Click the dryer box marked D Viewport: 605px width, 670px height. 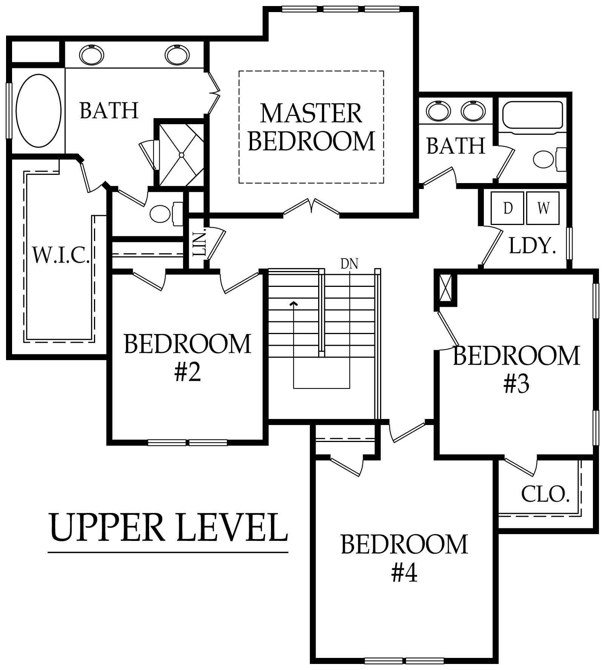507,208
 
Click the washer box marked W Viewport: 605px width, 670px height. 543,208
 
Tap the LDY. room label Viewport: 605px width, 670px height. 532,246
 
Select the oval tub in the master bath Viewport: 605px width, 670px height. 38,111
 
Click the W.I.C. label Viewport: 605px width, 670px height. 61,255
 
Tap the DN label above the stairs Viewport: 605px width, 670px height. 349,264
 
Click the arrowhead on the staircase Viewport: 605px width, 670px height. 294,303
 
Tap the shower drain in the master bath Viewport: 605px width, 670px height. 182,155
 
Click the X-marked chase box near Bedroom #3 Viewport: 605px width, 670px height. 446,288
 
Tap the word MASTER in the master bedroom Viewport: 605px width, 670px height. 311,113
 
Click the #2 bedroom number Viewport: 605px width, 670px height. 187,372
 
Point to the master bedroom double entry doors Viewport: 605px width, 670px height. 311,207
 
